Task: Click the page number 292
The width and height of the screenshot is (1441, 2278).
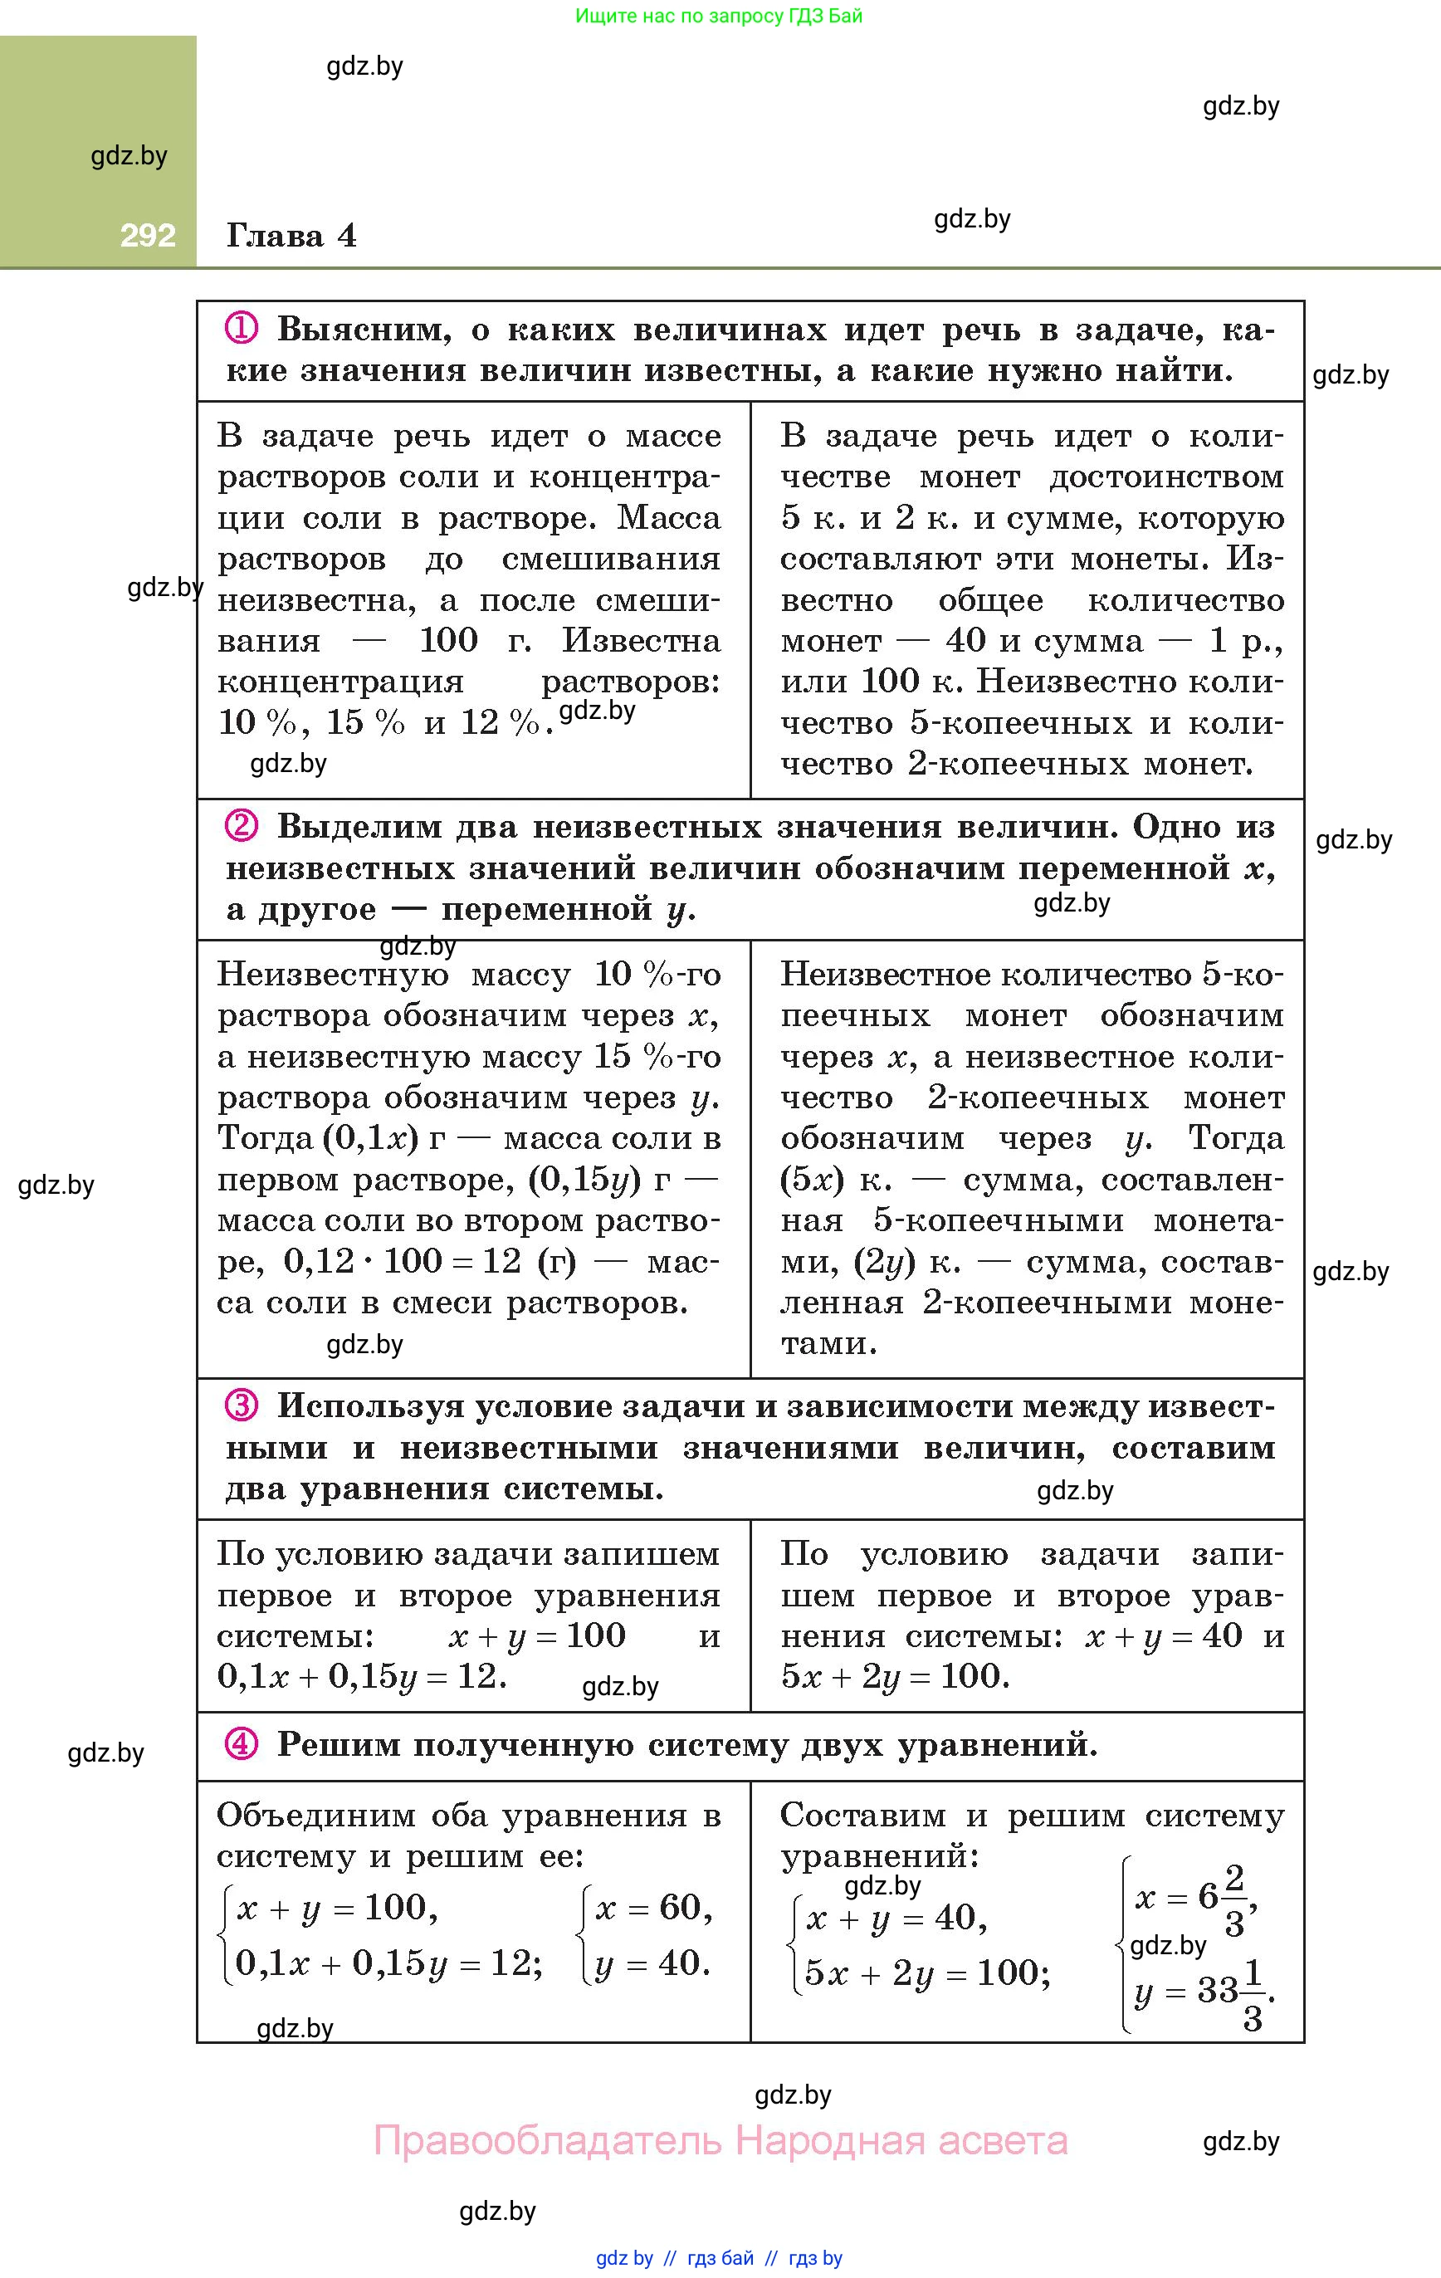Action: [148, 235]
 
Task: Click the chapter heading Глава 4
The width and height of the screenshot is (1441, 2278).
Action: [291, 236]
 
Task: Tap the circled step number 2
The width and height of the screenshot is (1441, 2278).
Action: [242, 826]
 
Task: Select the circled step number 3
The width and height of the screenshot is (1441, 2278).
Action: [242, 1405]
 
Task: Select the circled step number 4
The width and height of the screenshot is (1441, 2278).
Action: [242, 1743]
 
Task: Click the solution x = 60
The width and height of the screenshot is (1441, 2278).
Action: [653, 1906]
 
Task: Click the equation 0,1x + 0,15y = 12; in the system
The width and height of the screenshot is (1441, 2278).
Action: [388, 1963]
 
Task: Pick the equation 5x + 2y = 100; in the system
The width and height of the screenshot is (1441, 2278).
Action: [927, 1972]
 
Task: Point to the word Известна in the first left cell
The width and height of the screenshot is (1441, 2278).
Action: [641, 640]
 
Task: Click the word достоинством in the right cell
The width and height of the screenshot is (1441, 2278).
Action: [1165, 477]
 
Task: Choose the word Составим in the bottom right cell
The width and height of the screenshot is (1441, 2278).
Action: [862, 1816]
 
